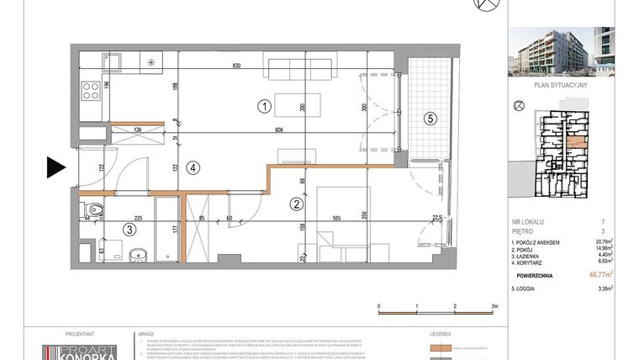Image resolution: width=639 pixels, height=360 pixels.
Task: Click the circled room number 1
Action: (264, 107)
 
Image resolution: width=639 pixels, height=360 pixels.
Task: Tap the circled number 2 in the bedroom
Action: (295, 203)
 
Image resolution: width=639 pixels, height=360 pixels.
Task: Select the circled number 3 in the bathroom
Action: (129, 228)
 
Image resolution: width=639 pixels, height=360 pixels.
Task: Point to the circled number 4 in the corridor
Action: (193, 167)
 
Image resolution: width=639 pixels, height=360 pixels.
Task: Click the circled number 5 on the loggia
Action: (429, 119)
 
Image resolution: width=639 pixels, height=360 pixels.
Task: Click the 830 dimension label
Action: (238, 66)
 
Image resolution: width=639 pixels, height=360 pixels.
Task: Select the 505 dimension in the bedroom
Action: (337, 217)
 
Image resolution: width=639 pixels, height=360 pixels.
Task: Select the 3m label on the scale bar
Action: (495, 307)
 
